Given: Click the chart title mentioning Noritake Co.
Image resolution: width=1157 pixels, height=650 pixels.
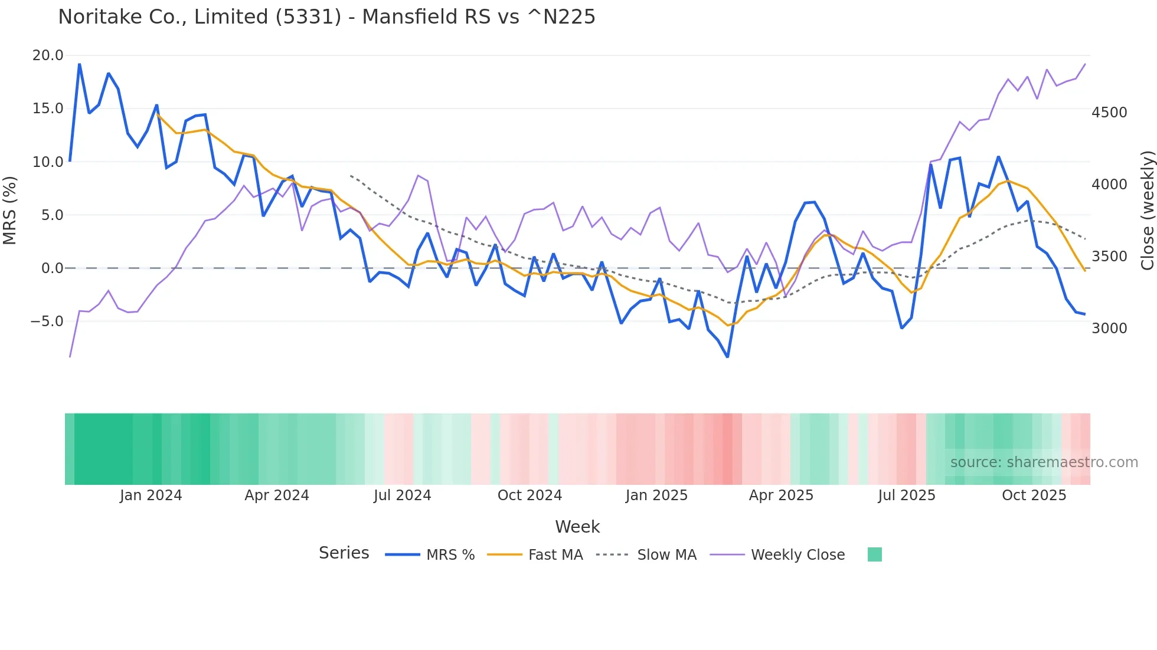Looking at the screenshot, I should [x=326, y=17].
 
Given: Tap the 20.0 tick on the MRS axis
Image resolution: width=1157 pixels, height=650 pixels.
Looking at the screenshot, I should [x=47, y=55].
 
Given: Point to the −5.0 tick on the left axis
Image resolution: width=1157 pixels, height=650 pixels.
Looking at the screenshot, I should [x=47, y=321].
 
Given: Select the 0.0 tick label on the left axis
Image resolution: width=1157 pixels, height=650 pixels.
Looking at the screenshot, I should [x=52, y=268].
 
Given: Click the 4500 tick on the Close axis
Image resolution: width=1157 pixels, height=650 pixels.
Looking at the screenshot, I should [x=1109, y=113].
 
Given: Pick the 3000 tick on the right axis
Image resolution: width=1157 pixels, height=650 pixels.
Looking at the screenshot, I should [x=1109, y=329].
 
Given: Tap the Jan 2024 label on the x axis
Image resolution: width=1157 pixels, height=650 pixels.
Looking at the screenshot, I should [x=151, y=495].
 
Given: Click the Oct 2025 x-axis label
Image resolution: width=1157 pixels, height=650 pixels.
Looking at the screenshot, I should [x=1034, y=495].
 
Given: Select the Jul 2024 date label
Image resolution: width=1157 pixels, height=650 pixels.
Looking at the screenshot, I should [x=402, y=495].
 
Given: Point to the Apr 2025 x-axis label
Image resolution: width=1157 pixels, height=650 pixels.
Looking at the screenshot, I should [x=781, y=495].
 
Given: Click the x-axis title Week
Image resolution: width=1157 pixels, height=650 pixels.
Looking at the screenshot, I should [x=577, y=527].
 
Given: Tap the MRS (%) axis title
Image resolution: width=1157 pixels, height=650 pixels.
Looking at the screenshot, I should [x=9, y=211].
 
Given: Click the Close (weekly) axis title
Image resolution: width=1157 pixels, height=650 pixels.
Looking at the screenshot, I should [x=1147, y=211].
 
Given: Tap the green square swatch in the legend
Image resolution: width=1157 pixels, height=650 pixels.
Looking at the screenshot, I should [x=874, y=554].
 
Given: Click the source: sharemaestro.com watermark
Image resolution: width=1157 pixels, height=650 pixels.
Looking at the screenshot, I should [x=1044, y=462].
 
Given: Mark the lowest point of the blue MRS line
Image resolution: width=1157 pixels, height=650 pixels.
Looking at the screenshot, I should [x=727, y=357].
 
